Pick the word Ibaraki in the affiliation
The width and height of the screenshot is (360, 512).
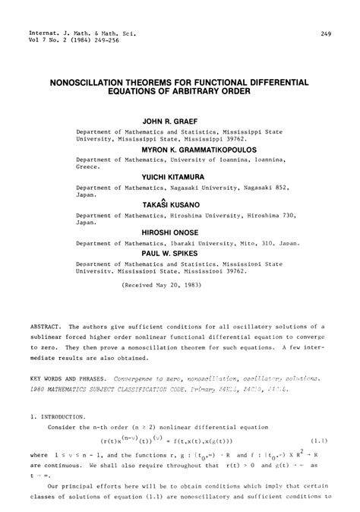(182, 244)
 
